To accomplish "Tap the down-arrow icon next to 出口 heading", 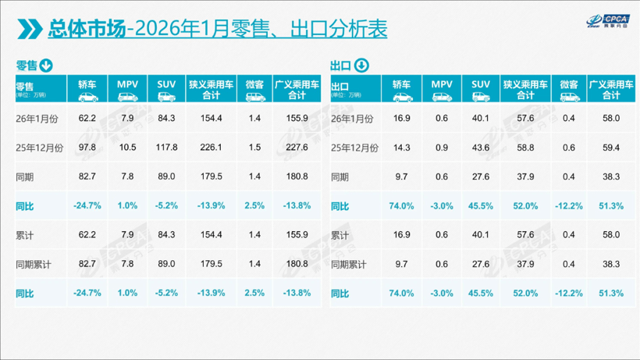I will click(361, 65).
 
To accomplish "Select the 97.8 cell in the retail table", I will click(87, 147).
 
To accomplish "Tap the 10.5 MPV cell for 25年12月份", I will click(127, 147).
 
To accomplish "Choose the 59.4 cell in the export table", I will click(611, 147).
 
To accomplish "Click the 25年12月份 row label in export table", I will click(355, 147).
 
